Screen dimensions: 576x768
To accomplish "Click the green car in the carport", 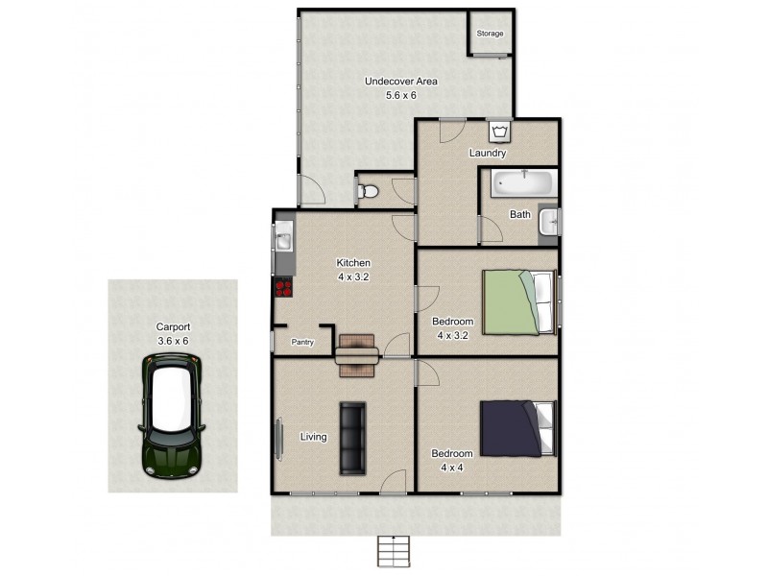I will click(172, 415).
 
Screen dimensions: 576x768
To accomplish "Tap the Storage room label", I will click(491, 34).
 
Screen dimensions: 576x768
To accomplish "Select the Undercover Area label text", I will click(400, 82).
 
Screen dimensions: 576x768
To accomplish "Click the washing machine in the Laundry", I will click(500, 131).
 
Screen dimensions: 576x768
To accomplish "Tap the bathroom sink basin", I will click(548, 222).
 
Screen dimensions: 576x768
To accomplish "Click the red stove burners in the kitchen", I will click(283, 285).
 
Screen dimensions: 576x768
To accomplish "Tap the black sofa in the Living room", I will click(352, 438).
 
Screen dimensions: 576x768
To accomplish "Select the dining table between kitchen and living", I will click(356, 351).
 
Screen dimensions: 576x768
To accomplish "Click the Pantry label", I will click(303, 341).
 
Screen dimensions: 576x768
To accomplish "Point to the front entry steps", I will click(395, 551).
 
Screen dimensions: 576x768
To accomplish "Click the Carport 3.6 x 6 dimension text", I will click(175, 340).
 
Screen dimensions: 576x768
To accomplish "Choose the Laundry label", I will click(487, 153).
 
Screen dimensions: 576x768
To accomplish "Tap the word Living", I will click(313, 437).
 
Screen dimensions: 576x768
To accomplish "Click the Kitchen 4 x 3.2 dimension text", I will click(352, 276).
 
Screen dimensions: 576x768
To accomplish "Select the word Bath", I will click(519, 214).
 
